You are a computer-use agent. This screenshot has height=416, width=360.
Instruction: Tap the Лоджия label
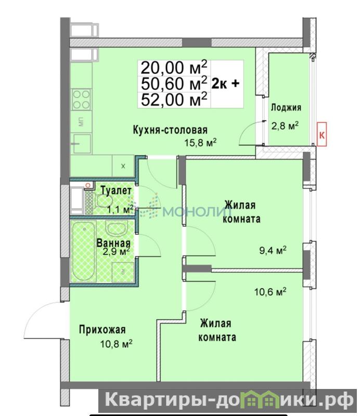[286, 108]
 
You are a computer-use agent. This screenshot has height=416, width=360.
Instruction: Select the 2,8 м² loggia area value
[285, 125]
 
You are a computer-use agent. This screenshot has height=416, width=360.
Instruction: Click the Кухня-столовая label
[170, 130]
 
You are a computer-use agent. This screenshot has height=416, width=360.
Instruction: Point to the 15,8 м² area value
[200, 142]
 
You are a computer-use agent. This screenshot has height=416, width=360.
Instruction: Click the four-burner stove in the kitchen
[81, 99]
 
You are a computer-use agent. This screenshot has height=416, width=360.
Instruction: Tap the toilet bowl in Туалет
[101, 201]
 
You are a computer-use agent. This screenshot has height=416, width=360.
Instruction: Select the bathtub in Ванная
[84, 251]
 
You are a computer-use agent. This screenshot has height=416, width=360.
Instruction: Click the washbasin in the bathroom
[117, 227]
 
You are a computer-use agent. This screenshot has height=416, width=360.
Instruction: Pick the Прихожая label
[102, 330]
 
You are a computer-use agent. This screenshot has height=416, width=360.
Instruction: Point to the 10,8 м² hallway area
[117, 344]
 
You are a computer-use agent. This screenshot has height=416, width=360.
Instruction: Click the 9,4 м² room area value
[273, 250]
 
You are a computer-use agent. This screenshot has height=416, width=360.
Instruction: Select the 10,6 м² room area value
[271, 292]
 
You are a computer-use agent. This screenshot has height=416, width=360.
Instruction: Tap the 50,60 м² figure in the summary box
[174, 84]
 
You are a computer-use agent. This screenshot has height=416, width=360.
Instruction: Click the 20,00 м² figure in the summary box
[174, 68]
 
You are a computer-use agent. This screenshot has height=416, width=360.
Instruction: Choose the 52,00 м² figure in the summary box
[174, 100]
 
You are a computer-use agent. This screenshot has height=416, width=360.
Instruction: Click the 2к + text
[225, 84]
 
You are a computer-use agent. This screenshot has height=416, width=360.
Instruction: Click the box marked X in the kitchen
[123, 166]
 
